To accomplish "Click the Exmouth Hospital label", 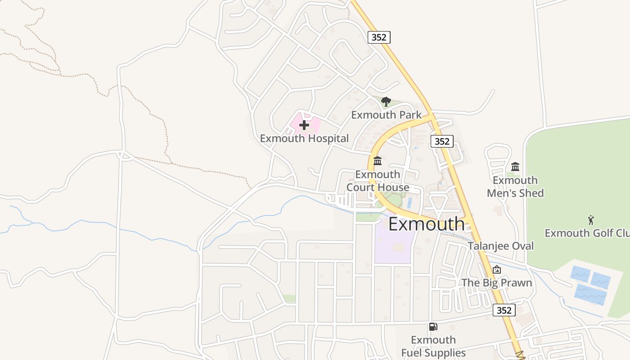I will pyautogui.click(x=304, y=138).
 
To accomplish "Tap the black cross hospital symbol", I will pyautogui.click(x=304, y=125).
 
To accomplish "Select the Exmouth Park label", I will pyautogui.click(x=387, y=115).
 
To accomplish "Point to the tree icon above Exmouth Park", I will pyautogui.click(x=386, y=102).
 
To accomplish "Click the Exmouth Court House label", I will pyautogui.click(x=378, y=181).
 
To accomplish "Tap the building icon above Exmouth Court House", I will pyautogui.click(x=378, y=161).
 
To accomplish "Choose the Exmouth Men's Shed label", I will pyautogui.click(x=515, y=187).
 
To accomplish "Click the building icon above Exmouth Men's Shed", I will pyautogui.click(x=515, y=167).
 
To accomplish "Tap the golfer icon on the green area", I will pyautogui.click(x=591, y=220).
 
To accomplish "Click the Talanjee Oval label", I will pyautogui.click(x=500, y=246).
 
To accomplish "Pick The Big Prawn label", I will pyautogui.click(x=497, y=283).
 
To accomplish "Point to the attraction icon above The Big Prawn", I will pyautogui.click(x=497, y=270).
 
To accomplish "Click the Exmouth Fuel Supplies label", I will pyautogui.click(x=433, y=346).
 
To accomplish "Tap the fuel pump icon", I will pyautogui.click(x=433, y=327).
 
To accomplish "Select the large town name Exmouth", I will pyautogui.click(x=426, y=224).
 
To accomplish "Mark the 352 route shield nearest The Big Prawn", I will pyautogui.click(x=504, y=310).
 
